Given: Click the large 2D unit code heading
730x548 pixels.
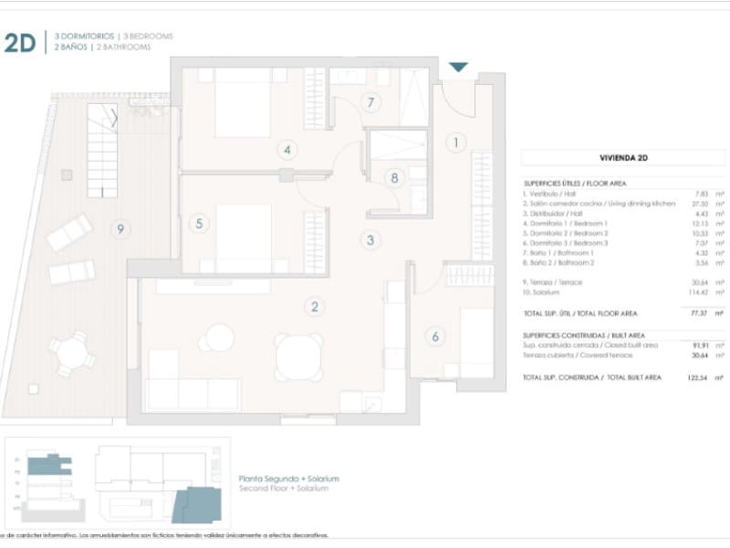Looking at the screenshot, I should click(x=19, y=42).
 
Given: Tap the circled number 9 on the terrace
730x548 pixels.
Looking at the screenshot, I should click(x=120, y=229).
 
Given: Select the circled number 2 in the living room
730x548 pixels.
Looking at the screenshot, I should click(x=315, y=307).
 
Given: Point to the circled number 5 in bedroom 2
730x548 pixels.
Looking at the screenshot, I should click(x=199, y=223).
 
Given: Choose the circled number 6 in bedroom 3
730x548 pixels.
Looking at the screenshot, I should click(x=435, y=337).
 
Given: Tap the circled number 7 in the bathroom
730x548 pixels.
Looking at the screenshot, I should click(x=370, y=102).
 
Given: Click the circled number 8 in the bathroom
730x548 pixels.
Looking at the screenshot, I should click(x=395, y=178).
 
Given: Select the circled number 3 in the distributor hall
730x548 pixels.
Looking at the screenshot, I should click(x=370, y=241).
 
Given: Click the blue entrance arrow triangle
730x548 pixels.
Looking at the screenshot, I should click(x=458, y=68).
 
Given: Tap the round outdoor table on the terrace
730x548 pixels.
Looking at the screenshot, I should click(x=70, y=352).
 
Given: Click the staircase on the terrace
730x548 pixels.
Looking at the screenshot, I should click(x=101, y=150).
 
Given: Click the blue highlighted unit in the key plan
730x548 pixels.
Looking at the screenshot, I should click(x=197, y=503).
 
